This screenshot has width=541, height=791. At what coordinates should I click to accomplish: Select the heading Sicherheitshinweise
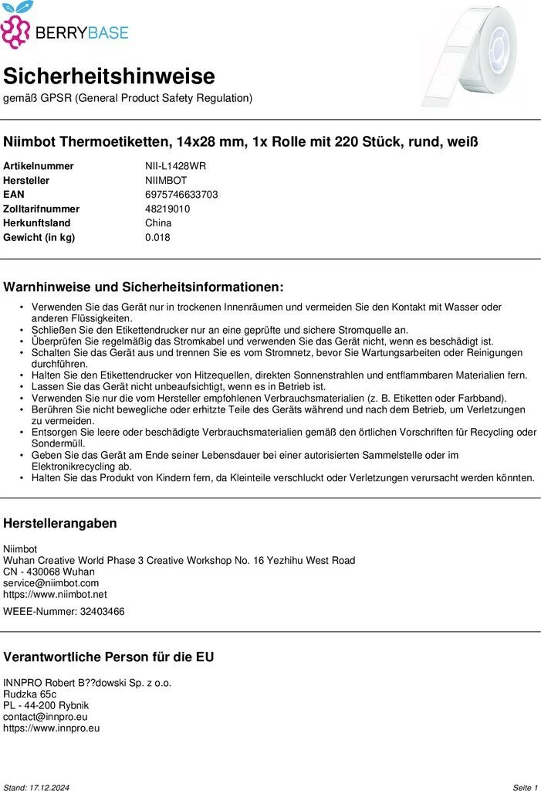point(109,76)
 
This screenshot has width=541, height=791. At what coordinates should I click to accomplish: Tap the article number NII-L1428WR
point(175,166)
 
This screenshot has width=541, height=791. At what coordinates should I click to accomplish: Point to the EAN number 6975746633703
point(181,195)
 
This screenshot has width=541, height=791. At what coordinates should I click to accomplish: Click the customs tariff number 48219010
point(167,209)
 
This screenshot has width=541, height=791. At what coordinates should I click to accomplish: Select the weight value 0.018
point(157,237)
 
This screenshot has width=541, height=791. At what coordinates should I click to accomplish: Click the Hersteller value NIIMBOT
point(166,181)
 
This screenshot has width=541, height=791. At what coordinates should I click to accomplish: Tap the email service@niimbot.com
point(51,583)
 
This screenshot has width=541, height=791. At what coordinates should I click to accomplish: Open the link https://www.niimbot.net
point(55,595)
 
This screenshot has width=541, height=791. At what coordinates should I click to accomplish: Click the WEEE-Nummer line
point(63,612)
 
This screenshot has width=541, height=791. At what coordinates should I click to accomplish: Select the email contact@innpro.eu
point(46,717)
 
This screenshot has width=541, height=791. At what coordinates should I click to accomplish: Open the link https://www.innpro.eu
point(51,728)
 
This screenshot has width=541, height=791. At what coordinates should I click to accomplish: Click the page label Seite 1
point(525,787)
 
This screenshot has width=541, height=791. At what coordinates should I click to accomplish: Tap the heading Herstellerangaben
point(60,524)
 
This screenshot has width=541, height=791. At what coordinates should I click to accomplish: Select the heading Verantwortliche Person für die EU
point(109,657)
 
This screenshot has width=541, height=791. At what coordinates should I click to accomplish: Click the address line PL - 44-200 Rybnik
point(46,705)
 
